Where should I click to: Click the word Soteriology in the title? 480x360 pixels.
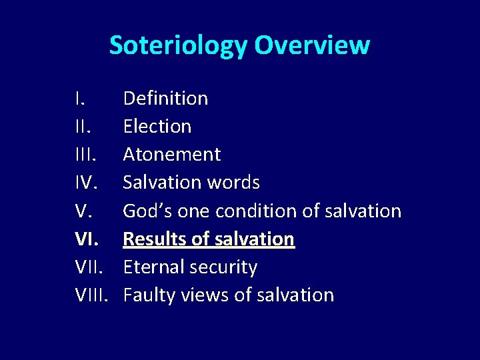tap(179, 45)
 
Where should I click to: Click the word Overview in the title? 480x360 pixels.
tap(312, 45)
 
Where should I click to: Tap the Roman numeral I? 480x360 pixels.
tap(79, 99)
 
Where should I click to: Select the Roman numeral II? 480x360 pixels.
tap(82, 127)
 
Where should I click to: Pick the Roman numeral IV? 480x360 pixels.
tap(86, 183)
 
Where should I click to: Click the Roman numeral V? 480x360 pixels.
tap(83, 211)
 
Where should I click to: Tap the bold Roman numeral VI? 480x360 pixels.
tap(86, 239)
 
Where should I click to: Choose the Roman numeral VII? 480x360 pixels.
tap(89, 267)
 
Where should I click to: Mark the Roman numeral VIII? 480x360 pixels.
tap(91, 295)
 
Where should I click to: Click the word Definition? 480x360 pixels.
tap(165, 99)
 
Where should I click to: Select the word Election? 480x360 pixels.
tap(157, 127)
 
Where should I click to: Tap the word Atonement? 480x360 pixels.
tap(172, 155)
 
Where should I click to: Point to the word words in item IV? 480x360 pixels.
tap(232, 183)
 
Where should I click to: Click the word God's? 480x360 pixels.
tap(147, 211)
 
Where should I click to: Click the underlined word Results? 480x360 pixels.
tap(156, 239)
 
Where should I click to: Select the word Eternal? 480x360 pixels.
tap(154, 267)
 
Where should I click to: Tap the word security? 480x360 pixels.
tap(223, 267)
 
